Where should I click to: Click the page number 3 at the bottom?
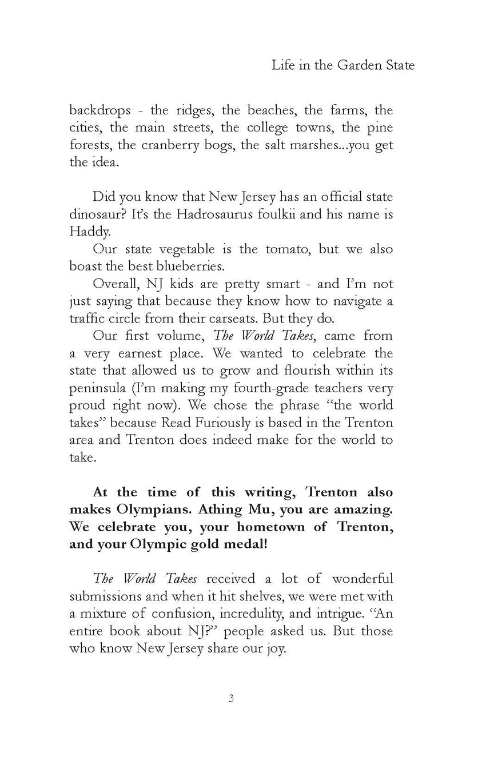[x=231, y=699]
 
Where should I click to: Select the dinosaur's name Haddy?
[x=89, y=233]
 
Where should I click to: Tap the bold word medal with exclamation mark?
[x=248, y=545]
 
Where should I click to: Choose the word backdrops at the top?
[x=101, y=110]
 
